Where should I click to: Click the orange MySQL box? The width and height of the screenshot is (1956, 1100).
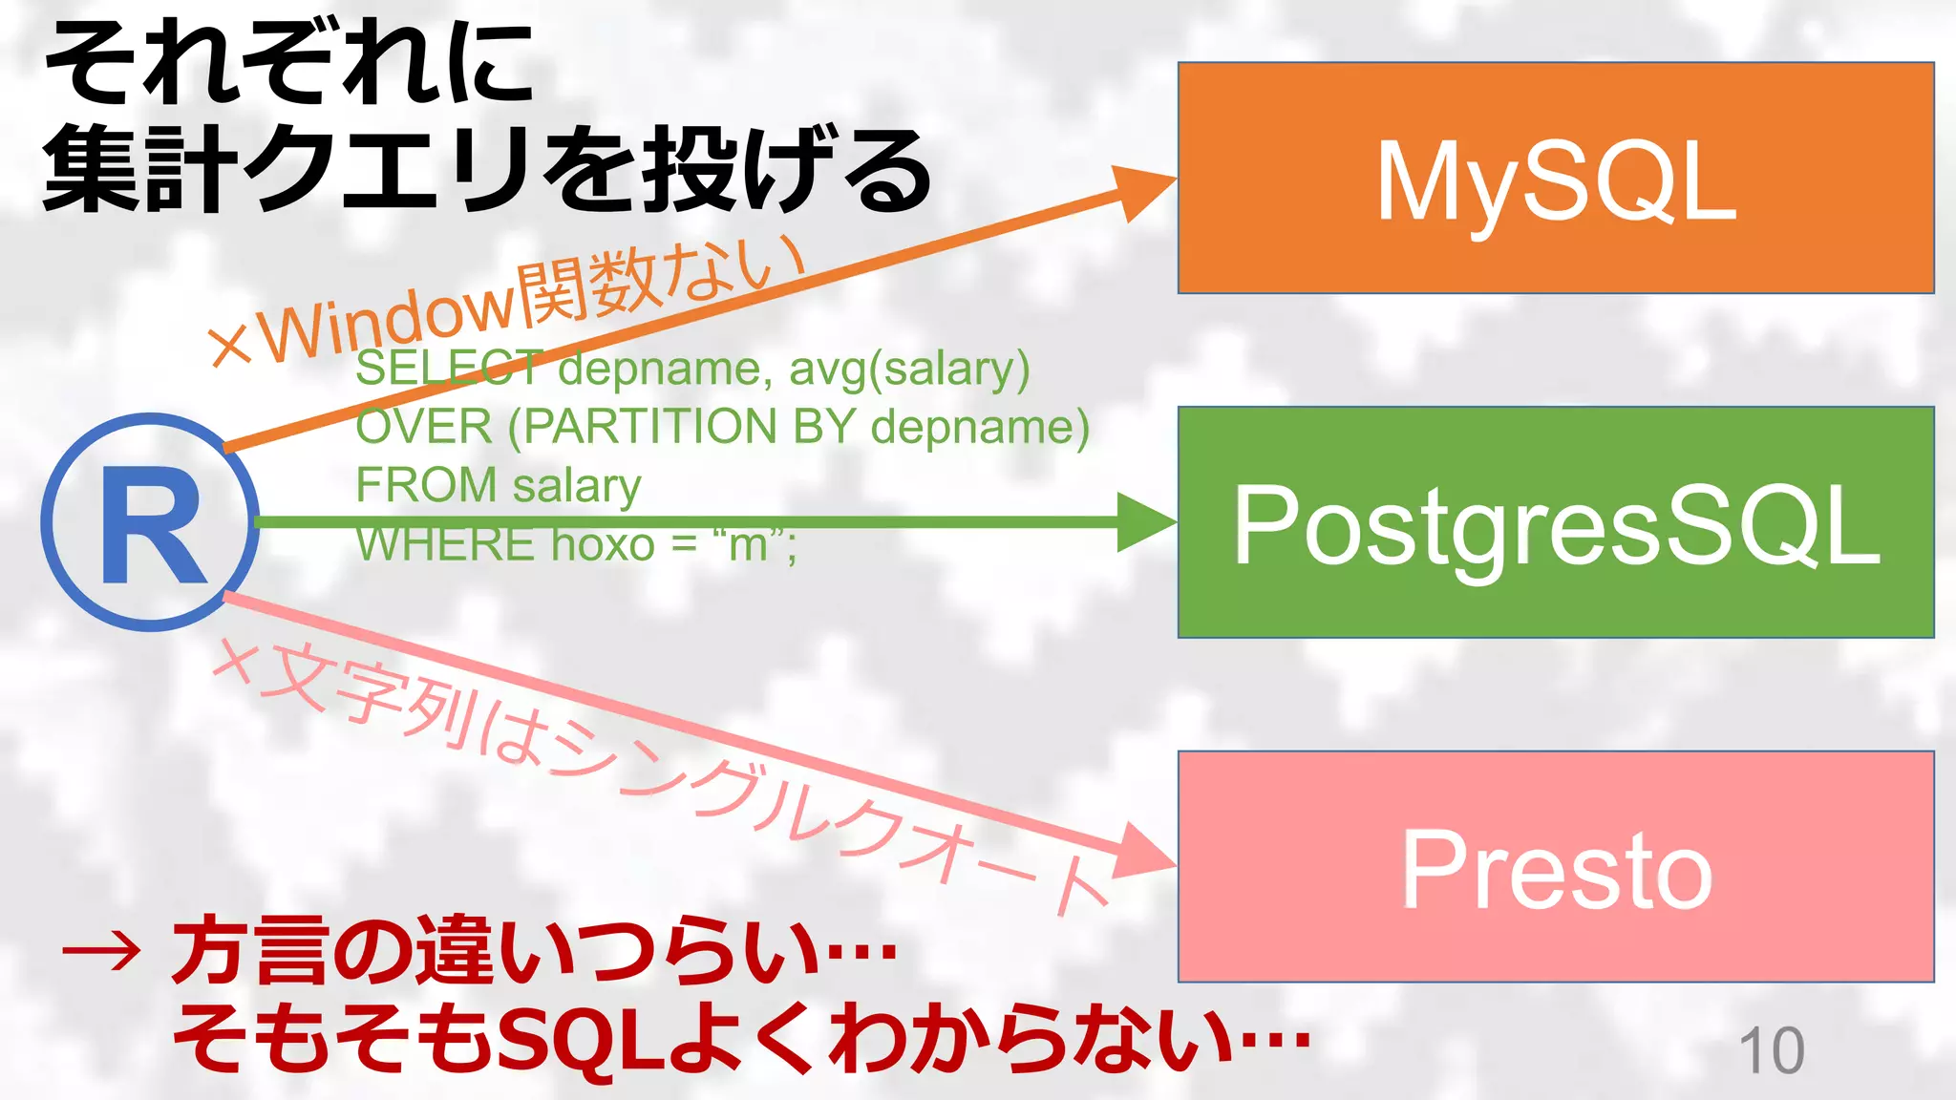pyautogui.click(x=1555, y=178)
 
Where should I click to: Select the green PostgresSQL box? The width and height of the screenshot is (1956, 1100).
pyautogui.click(x=1555, y=522)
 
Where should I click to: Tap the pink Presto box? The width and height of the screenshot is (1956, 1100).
pyautogui.click(x=1555, y=866)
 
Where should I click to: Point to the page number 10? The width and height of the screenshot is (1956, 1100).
pyautogui.click(x=1772, y=1051)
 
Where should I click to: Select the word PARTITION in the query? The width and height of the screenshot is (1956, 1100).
pyautogui.click(x=650, y=427)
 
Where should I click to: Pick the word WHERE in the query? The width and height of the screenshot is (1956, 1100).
pyautogui.click(x=445, y=545)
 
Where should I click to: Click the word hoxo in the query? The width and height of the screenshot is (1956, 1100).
pyautogui.click(x=603, y=545)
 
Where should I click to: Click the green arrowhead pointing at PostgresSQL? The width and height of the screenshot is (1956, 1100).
pyautogui.click(x=1146, y=522)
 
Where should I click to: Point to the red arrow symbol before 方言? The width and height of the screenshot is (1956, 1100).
pyautogui.click(x=101, y=951)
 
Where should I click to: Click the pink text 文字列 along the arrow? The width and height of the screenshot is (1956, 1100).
pyautogui.click(x=363, y=696)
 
